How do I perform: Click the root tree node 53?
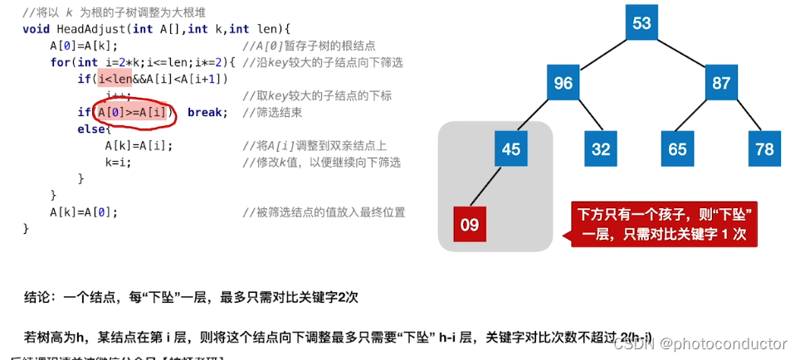(641, 23)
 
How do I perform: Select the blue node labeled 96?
(563, 84)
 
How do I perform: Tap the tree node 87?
(721, 84)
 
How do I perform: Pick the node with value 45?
(512, 149)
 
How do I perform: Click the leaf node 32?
(601, 149)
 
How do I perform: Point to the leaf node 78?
(764, 149)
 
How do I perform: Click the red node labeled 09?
(470, 224)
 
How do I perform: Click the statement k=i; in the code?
(119, 163)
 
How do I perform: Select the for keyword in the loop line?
(61, 62)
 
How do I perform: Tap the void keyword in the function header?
(37, 29)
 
